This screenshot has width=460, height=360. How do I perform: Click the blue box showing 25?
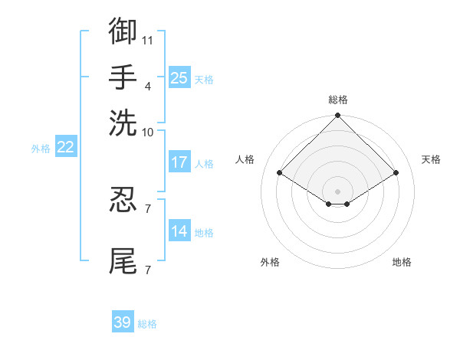tap(179, 77)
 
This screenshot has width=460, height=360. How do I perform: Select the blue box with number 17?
tap(179, 162)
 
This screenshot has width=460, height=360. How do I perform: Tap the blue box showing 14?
tap(179, 231)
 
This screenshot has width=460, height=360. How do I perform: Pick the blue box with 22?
tap(65, 148)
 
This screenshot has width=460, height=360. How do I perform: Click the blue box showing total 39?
tap(123, 322)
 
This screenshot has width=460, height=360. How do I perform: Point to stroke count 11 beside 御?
tap(148, 39)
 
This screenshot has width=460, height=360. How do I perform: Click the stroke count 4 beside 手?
tap(148, 86)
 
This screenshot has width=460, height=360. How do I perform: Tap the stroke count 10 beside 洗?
tap(148, 132)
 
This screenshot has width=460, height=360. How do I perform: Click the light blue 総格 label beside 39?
tap(147, 324)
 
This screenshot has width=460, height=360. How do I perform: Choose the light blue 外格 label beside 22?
tap(40, 149)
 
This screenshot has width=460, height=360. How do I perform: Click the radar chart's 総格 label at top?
tap(337, 100)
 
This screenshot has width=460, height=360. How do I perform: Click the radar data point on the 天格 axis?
tap(396, 174)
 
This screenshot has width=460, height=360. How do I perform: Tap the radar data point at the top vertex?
tap(337, 116)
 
